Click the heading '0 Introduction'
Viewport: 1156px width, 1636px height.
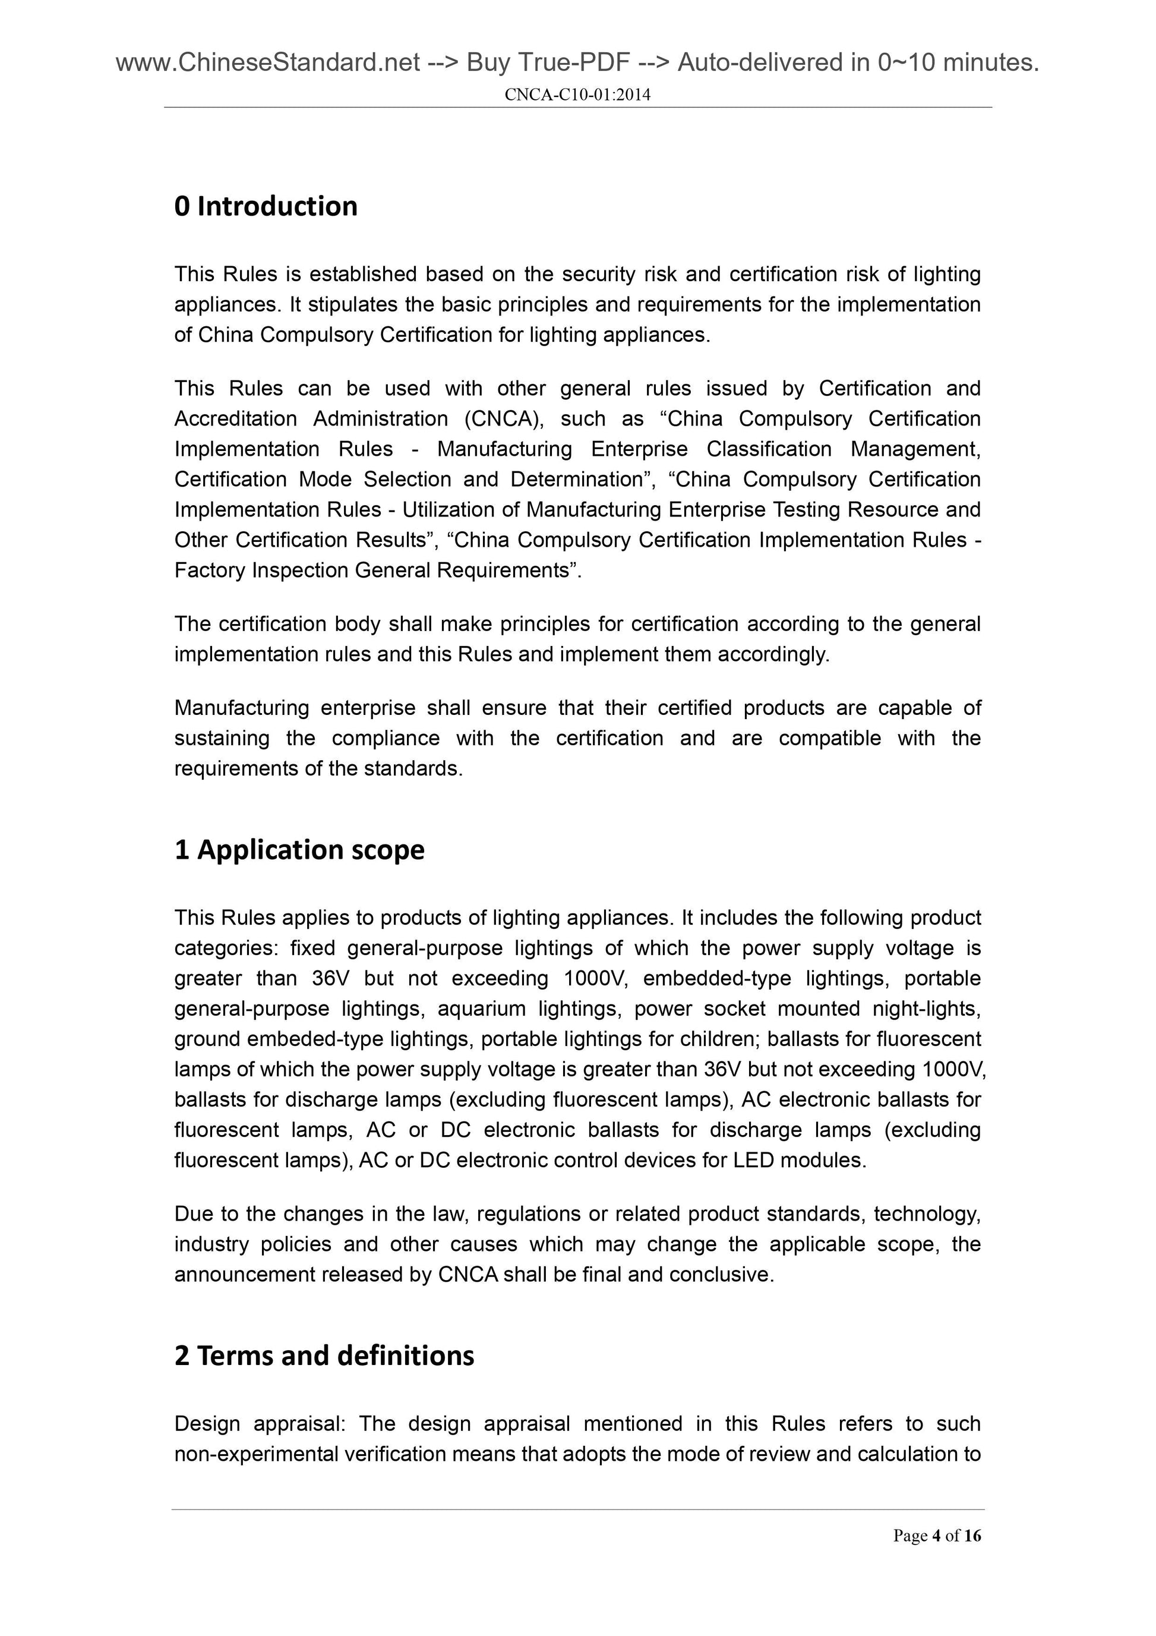(266, 207)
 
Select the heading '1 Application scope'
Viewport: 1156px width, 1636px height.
(299, 850)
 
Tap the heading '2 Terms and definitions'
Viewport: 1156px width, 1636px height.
(324, 1356)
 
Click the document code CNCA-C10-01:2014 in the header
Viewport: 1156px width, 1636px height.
(577, 94)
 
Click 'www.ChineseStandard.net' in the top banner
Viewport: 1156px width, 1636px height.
(267, 64)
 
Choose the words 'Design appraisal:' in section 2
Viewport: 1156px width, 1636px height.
(260, 1424)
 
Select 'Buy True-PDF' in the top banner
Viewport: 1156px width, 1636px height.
(548, 64)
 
